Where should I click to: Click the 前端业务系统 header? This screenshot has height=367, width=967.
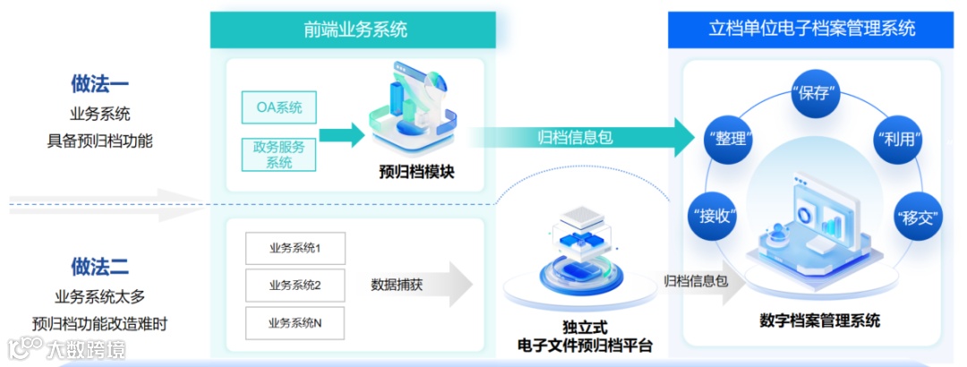(x=355, y=30)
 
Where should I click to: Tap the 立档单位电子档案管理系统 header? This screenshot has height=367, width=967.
(x=811, y=30)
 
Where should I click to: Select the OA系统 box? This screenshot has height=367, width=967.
(x=279, y=108)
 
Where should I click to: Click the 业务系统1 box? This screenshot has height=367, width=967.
(x=295, y=248)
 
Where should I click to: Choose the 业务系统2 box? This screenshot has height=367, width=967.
(x=295, y=286)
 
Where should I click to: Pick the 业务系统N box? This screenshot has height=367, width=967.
(x=295, y=323)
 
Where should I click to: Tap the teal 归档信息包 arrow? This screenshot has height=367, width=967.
(x=582, y=137)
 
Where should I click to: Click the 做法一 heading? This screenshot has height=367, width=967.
(x=100, y=85)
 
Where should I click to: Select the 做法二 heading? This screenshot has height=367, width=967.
(x=100, y=266)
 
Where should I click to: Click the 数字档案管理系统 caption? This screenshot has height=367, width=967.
(x=819, y=320)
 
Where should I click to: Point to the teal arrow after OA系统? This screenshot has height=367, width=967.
(x=341, y=136)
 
